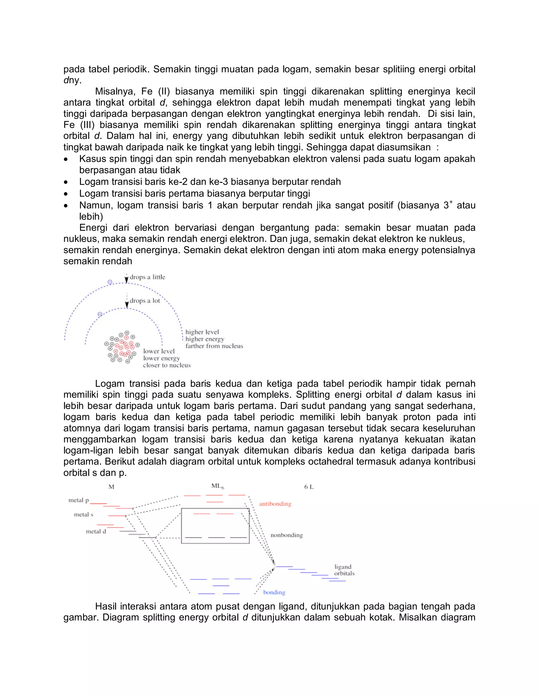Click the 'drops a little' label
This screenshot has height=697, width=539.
click(x=147, y=277)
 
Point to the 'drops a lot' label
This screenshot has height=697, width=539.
click(x=145, y=301)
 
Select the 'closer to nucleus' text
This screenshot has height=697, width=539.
click(x=167, y=365)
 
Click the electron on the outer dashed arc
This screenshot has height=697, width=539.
click(x=110, y=282)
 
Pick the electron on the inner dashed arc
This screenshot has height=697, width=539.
click(x=100, y=314)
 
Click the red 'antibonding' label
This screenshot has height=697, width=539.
click(x=275, y=504)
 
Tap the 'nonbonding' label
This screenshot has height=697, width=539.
click(x=286, y=535)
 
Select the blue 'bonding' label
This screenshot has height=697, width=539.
click(x=274, y=592)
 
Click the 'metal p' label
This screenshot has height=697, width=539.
click(x=78, y=500)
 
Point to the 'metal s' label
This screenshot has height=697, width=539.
click(x=84, y=514)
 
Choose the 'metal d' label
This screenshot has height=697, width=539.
click(x=96, y=531)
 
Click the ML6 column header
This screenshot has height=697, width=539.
click(x=217, y=486)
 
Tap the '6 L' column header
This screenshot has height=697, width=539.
click(x=308, y=487)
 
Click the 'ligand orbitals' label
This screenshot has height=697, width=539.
click(x=344, y=570)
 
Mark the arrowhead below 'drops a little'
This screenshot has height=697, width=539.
click(x=126, y=281)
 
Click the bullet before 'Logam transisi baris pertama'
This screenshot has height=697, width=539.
click(x=66, y=194)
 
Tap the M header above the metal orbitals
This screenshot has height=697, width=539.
click(x=111, y=487)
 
